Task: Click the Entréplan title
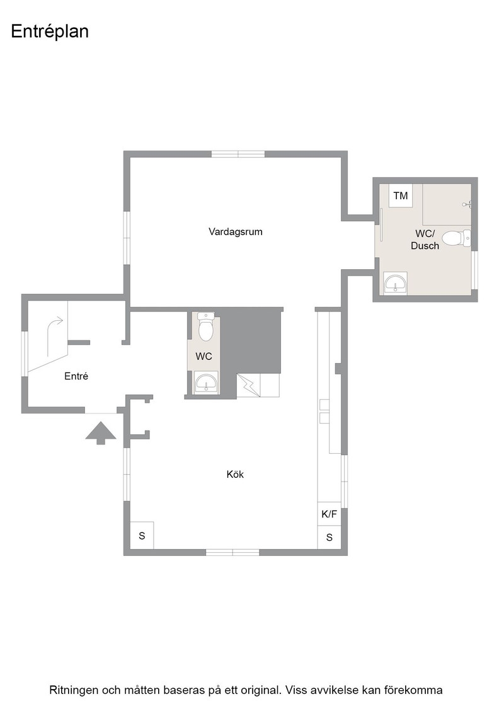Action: click(x=50, y=32)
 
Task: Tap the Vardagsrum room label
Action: click(x=236, y=232)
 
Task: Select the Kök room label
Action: click(x=235, y=474)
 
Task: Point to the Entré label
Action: click(x=76, y=376)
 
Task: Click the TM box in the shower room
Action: click(x=401, y=196)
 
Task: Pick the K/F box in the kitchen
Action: click(x=329, y=514)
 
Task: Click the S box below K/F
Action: click(x=330, y=537)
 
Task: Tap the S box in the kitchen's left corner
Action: click(x=142, y=536)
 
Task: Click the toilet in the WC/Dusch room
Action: click(x=456, y=238)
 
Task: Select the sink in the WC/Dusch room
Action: click(x=396, y=284)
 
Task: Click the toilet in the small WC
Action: click(x=206, y=327)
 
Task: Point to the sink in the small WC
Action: click(x=207, y=383)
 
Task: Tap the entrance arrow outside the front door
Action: click(x=101, y=432)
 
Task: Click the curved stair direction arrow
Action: click(x=53, y=335)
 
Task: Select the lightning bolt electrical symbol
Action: click(x=248, y=385)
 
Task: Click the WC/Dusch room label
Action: click(x=425, y=240)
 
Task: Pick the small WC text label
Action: click(x=204, y=357)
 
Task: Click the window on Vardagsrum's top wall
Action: click(x=238, y=154)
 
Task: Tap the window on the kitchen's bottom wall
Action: click(x=232, y=552)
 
